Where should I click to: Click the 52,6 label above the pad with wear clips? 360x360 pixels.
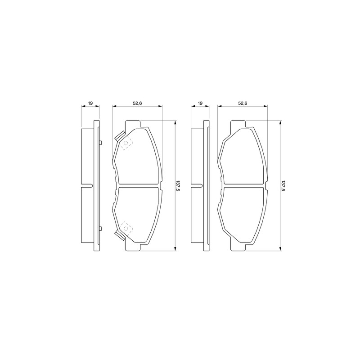click(x=138, y=103)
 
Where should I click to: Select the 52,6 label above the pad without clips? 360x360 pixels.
click(x=243, y=103)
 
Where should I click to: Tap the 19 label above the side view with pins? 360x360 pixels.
click(x=90, y=103)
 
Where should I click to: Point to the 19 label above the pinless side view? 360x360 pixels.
click(x=200, y=103)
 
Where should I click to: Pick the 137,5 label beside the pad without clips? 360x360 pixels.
click(x=283, y=185)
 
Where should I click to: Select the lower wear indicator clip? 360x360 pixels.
click(x=120, y=235)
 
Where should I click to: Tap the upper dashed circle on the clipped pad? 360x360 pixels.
click(x=126, y=143)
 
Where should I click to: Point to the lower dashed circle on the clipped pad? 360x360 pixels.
click(x=126, y=228)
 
